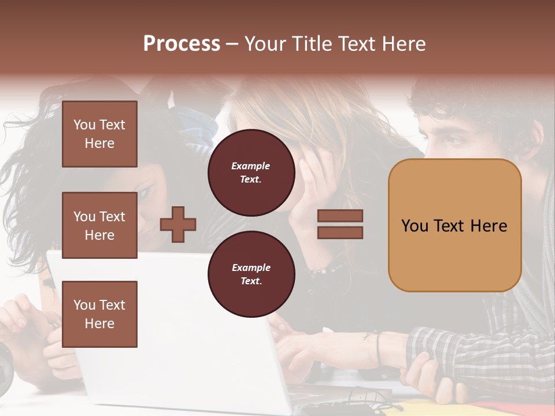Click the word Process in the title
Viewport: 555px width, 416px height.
click(x=182, y=44)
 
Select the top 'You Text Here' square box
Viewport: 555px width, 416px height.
click(x=99, y=134)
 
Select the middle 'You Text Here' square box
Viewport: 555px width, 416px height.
click(x=99, y=225)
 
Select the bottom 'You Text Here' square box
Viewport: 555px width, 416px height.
click(x=99, y=314)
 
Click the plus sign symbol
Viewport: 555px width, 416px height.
click(x=178, y=224)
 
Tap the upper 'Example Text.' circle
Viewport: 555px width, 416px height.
click(x=251, y=173)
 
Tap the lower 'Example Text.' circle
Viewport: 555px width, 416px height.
click(x=251, y=274)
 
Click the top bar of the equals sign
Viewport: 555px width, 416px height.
click(x=340, y=216)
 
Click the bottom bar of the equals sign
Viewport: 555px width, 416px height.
click(x=340, y=232)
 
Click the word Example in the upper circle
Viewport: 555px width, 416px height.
click(x=250, y=166)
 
